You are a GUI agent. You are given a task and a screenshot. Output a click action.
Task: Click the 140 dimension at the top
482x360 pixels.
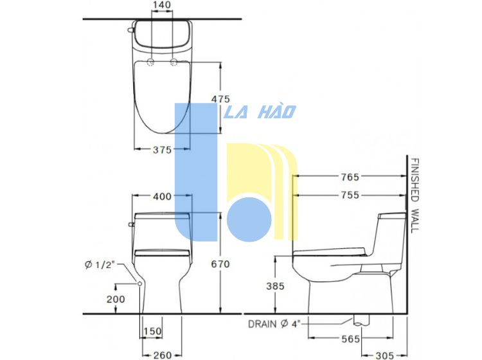tap(162, 5)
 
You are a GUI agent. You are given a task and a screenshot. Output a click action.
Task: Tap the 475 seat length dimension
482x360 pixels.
tap(220, 99)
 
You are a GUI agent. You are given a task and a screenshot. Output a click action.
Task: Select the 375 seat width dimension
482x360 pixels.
tap(163, 150)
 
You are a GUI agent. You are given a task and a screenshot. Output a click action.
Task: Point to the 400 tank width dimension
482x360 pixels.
tap(162, 196)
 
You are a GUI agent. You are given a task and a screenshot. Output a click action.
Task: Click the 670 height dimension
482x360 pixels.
tap(220, 264)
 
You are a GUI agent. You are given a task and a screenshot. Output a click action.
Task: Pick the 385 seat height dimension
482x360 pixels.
tap(275, 286)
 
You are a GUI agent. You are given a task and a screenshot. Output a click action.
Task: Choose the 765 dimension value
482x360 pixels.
tap(350, 177)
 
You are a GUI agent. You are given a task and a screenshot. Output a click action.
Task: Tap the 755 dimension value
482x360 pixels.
tap(350, 195)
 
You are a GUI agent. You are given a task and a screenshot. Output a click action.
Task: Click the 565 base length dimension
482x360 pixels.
tap(350, 339)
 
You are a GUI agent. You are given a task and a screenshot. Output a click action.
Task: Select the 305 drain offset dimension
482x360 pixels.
tap(384, 355)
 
